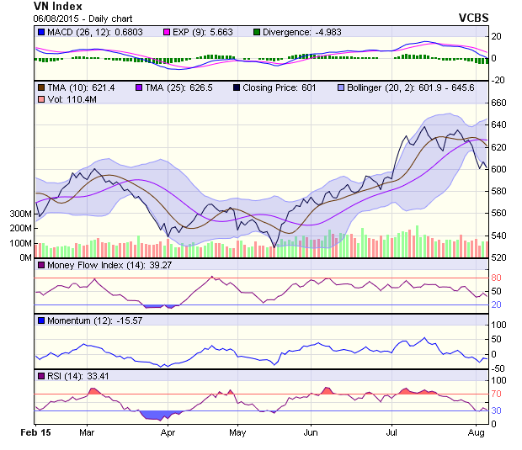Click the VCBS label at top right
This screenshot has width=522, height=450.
(473, 18)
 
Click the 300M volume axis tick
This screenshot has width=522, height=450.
(20, 214)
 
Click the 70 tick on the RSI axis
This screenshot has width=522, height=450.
(498, 393)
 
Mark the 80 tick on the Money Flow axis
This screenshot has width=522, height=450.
(498, 278)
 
